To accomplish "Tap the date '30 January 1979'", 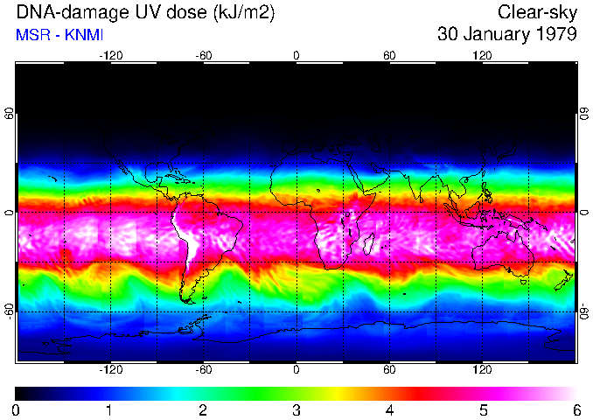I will pos(506,35).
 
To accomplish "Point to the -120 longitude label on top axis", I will pos(110,55).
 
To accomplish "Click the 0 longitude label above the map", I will pos(296,55).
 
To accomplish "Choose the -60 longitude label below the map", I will pos(203,370).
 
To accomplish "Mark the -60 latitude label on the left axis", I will pos(9,311).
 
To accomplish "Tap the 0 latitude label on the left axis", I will pos(9,213).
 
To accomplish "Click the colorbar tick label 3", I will pos(296,409).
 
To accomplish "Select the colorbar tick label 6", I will pos(576,409).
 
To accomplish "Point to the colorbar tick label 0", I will pos(17,409).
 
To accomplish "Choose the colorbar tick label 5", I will pos(483,409).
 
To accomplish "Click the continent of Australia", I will pos(503,254).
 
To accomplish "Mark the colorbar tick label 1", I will pos(109,409).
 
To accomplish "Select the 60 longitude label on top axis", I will pos(389,55).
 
